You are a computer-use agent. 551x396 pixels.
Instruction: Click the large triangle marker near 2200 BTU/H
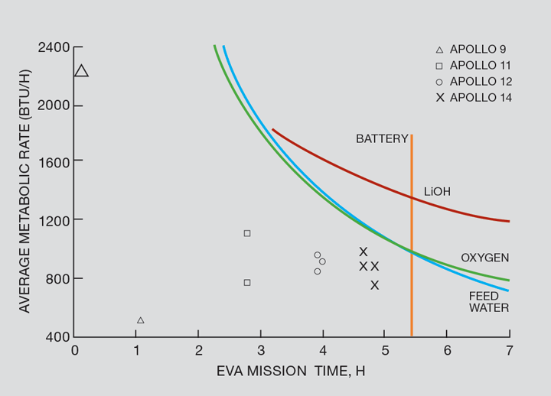pyautogui.click(x=81, y=71)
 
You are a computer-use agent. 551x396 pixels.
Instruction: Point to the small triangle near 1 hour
pyautogui.click(x=140, y=320)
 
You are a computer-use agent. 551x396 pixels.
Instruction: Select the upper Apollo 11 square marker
pyautogui.click(x=247, y=233)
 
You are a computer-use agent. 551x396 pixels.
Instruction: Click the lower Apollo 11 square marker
pyautogui.click(x=247, y=283)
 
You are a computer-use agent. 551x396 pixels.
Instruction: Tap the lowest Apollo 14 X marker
pyautogui.click(x=374, y=285)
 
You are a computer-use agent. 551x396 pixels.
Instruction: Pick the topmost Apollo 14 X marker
pyautogui.click(x=364, y=252)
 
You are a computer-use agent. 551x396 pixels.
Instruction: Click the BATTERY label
pyautogui.click(x=382, y=139)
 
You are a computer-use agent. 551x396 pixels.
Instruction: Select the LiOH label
pyautogui.click(x=437, y=192)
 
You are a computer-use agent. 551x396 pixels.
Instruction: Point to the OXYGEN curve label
pyautogui.click(x=484, y=258)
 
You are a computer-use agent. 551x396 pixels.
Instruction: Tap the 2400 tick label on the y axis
pyautogui.click(x=54, y=47)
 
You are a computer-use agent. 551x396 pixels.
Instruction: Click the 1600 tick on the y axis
pyautogui.click(x=54, y=162)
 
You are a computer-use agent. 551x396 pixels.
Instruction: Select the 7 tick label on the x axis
pyautogui.click(x=509, y=350)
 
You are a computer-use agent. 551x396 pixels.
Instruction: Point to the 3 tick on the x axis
pyautogui.click(x=260, y=350)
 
